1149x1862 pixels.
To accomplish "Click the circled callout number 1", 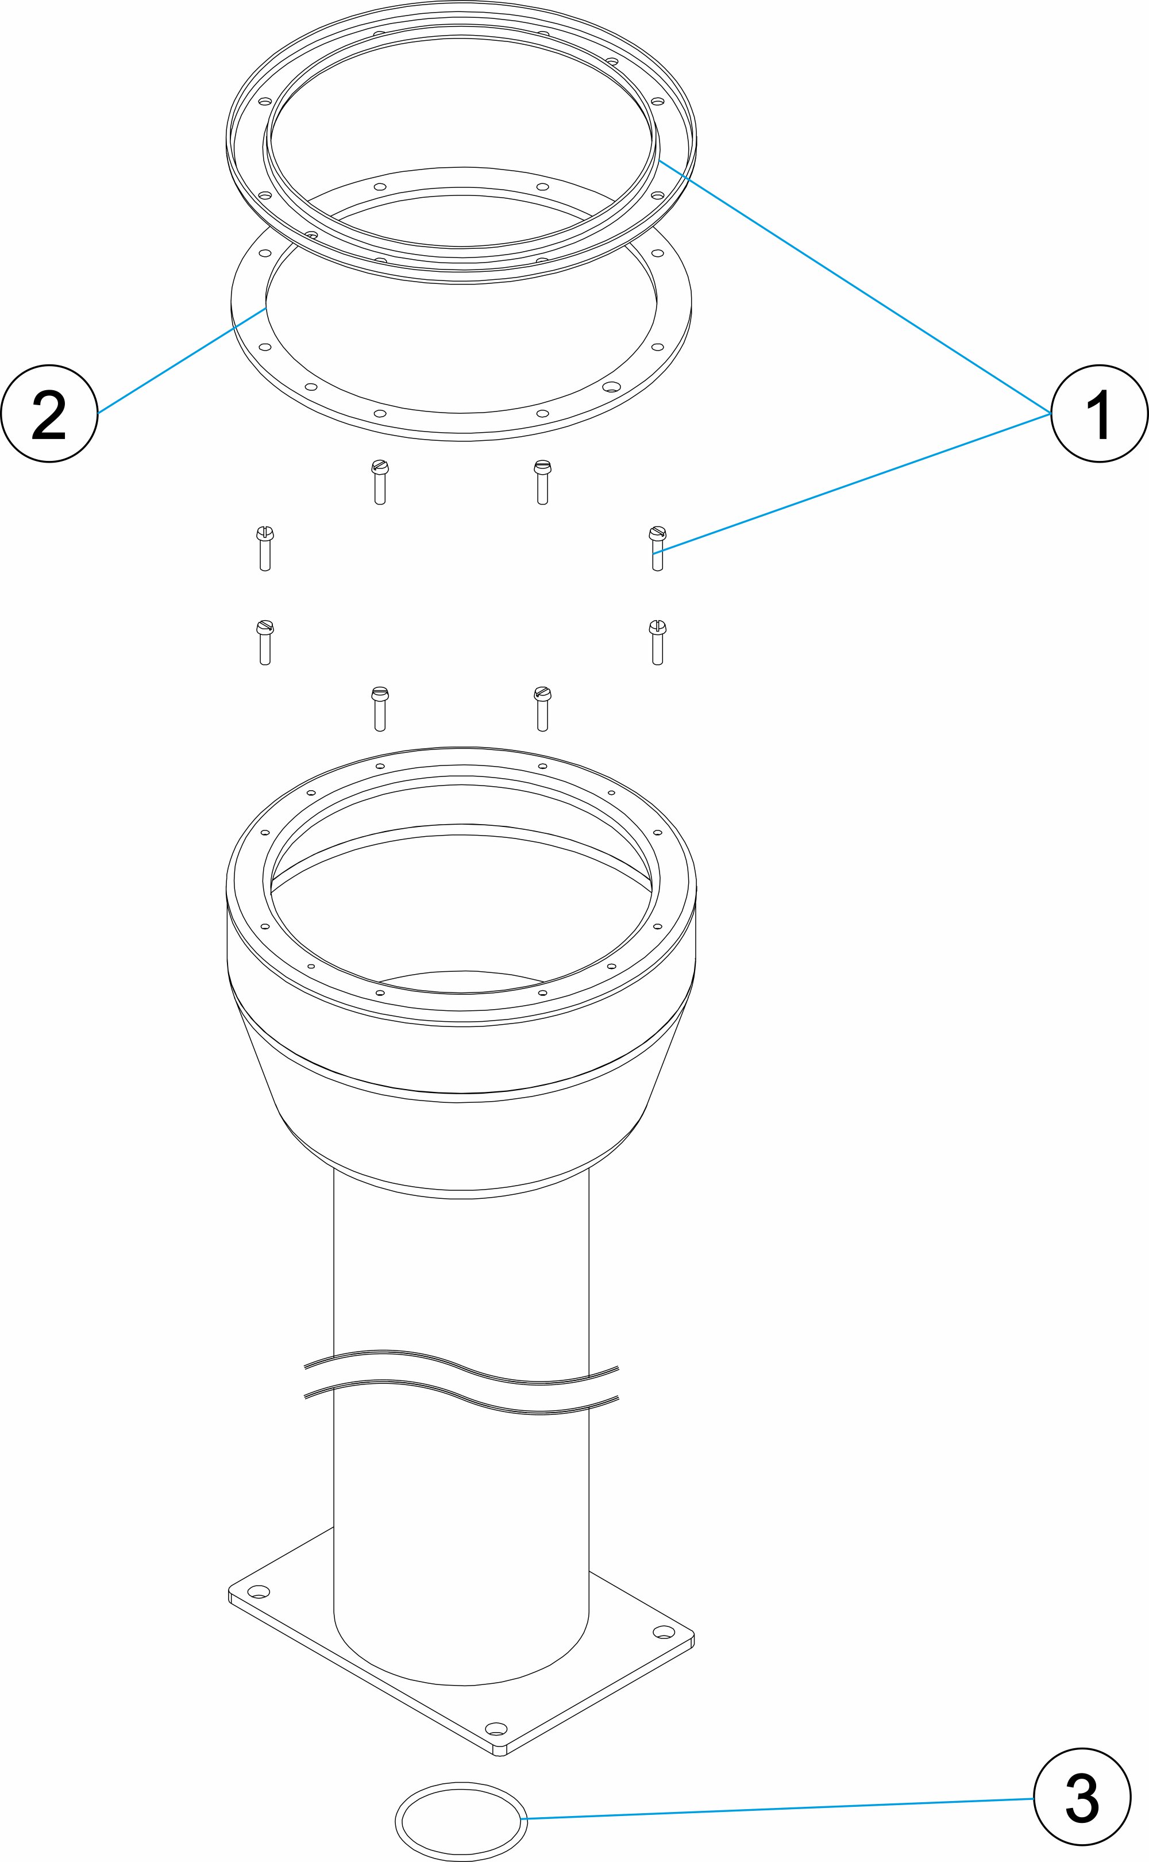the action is pos(1099,413).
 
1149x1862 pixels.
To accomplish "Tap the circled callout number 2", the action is pos(49,413).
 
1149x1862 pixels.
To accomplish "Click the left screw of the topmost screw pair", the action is pos(380,482).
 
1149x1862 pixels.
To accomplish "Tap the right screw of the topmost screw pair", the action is pos(542,482).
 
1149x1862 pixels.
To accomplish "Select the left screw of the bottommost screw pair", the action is pos(380,709).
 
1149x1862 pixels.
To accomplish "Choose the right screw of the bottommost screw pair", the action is pos(542,709).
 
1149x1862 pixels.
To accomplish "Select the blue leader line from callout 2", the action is pos(182,360).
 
